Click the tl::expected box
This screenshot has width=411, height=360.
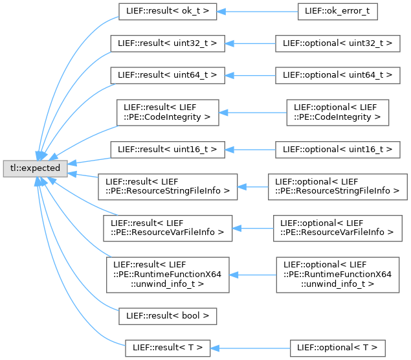click(x=34, y=168)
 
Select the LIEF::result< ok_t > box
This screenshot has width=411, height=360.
click(x=167, y=12)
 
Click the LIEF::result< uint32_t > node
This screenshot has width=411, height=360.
click(x=167, y=43)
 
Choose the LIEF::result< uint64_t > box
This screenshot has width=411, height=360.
click(x=167, y=75)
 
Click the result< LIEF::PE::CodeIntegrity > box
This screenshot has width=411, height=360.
click(x=167, y=112)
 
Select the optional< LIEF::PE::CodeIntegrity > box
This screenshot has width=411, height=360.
click(x=337, y=112)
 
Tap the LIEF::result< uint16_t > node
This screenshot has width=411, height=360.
click(x=167, y=149)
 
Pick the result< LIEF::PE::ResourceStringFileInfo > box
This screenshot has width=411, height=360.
click(x=167, y=186)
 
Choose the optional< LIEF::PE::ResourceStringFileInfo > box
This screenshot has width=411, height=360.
click(x=337, y=186)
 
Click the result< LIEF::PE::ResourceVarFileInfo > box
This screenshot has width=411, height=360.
click(x=167, y=227)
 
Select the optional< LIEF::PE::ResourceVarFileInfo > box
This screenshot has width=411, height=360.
click(x=337, y=227)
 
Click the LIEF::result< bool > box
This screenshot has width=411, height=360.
click(x=167, y=317)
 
